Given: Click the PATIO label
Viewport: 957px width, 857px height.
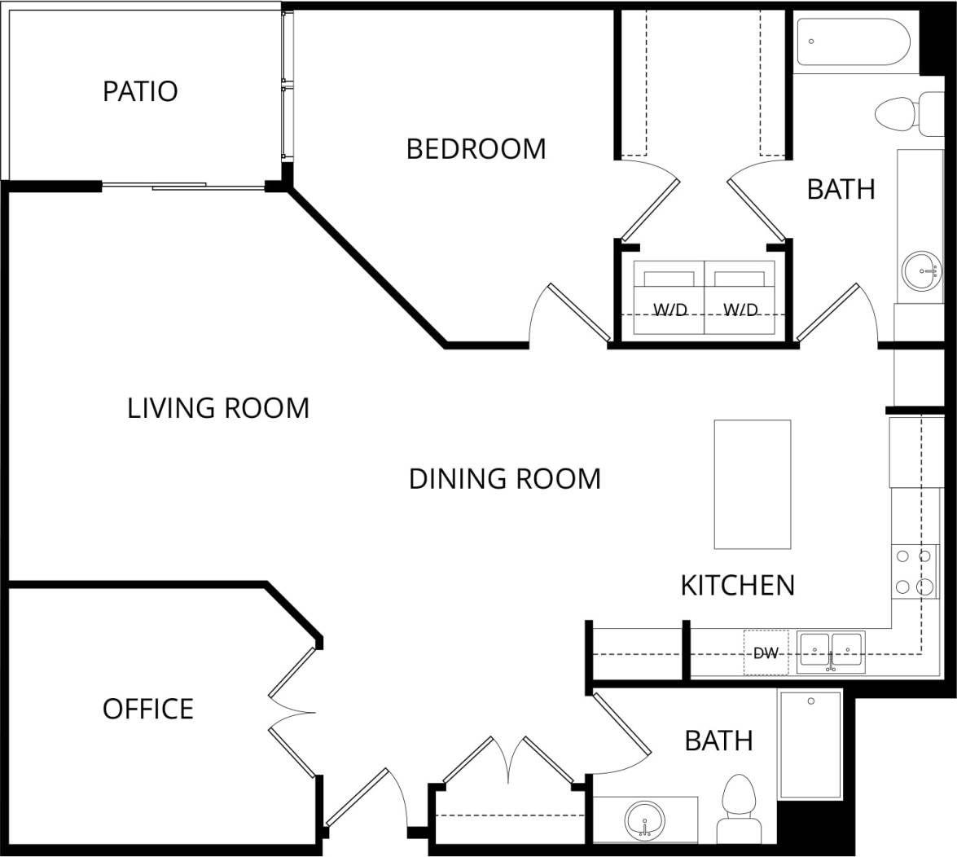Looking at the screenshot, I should pos(140,91).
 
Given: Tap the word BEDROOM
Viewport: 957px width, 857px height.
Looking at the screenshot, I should pos(476,149).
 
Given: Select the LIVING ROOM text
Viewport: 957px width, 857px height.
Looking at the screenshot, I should pos(218,407).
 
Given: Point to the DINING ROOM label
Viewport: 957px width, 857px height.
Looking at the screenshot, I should pos(504,478).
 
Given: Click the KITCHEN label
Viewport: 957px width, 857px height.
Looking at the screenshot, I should pos(737,585).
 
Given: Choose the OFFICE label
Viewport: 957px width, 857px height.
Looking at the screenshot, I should pos(148,709).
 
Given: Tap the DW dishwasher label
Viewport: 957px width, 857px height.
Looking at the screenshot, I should pos(766,653).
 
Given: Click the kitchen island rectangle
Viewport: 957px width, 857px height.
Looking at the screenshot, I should pos(752,484).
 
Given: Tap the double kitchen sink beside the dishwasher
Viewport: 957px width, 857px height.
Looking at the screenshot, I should pos(831,652).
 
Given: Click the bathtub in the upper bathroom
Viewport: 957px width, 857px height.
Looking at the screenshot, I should pos(853,42).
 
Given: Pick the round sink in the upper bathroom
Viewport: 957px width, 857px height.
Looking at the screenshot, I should pos(921,271).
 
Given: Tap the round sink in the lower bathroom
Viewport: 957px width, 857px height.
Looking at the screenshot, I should pos(645,819).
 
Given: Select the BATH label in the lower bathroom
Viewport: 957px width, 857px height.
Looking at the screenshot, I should pos(718,741).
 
